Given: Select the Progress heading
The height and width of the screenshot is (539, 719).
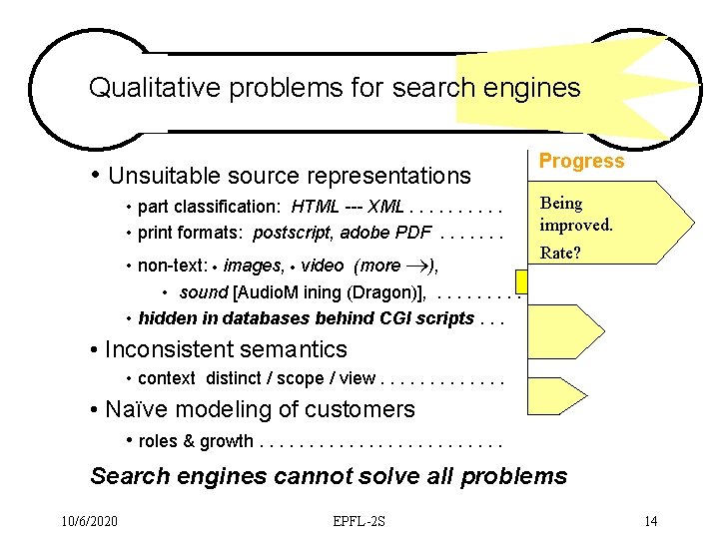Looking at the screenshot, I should click(x=581, y=161).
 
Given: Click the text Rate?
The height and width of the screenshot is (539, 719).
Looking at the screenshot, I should click(x=560, y=253).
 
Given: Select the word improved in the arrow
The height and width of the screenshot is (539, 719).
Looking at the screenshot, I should click(x=576, y=225).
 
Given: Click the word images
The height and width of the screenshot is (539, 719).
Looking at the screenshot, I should click(x=253, y=266).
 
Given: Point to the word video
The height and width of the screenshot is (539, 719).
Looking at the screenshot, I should click(x=322, y=266).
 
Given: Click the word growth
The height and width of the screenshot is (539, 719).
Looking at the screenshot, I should click(x=227, y=440).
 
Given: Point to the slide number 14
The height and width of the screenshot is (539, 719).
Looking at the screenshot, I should click(x=650, y=521).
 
